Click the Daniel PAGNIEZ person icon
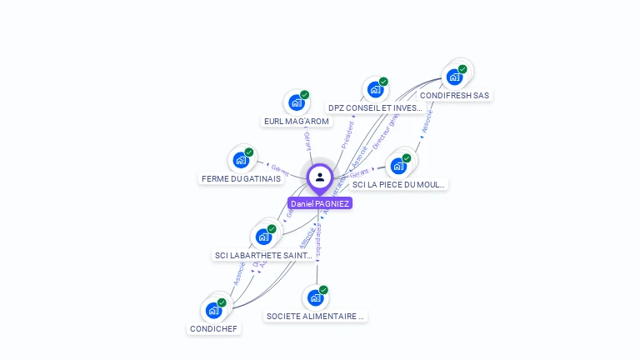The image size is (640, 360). coord(320,177)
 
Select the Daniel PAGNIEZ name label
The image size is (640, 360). coord(320,203)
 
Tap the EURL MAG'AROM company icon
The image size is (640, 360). coord(295,102)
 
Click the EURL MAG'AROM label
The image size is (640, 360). coord(297,121)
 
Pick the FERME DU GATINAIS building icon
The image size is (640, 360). coord(241,159)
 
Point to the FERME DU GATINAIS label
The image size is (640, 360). coord(241,178)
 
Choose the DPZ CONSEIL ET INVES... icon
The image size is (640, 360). coord(374,89)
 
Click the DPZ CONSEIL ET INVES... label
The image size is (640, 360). coord(375,107)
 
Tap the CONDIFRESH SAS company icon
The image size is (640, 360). coord(454,77)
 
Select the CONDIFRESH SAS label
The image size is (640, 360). coord(454,95)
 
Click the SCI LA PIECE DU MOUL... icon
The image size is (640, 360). coord(398,165)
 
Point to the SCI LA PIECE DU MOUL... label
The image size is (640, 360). coord(400,184)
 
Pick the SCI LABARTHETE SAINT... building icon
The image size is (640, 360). coord(263,237)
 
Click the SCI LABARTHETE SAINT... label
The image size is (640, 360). coord(263,255)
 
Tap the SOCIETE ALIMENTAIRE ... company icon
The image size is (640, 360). coord(315,297)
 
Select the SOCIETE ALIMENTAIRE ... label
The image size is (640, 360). coord(316,316)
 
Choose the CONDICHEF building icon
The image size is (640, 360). coord(213,310)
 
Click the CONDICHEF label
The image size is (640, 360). coord(214,328)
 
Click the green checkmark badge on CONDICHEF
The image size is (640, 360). coord(222,302)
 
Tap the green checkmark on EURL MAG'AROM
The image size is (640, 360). coord(304,95)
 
